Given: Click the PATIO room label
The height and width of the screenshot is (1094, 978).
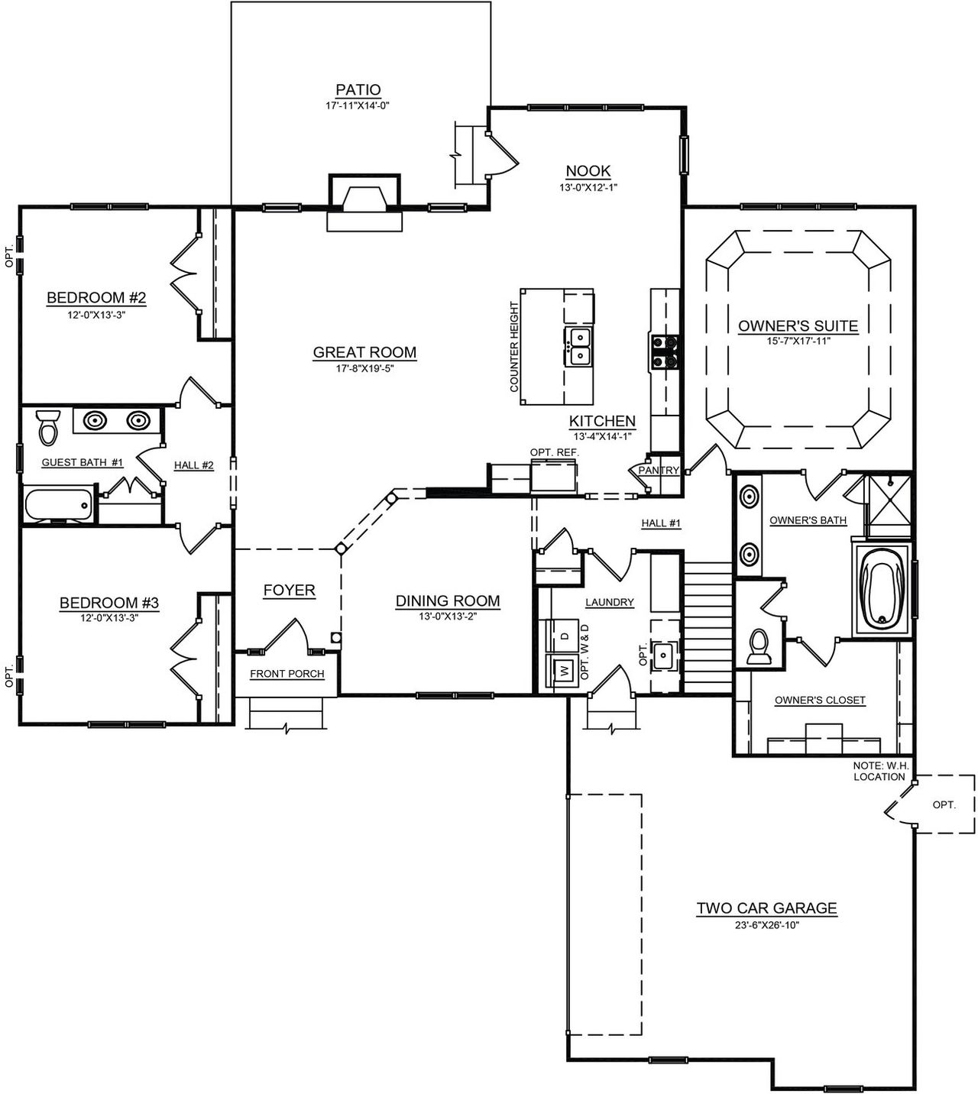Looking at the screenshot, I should pos(358,90).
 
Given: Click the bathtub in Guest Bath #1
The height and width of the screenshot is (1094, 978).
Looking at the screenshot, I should pos(58,504).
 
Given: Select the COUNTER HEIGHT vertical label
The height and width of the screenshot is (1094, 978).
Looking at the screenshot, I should pos(514,348).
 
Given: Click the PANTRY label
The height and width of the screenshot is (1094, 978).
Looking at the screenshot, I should pos(658,471).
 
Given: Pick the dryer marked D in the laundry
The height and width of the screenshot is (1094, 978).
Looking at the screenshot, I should pos(564,636).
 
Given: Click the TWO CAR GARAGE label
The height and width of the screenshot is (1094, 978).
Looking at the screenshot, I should pos(766,908).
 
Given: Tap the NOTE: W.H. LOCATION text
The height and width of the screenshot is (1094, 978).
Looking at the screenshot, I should pos(879,771).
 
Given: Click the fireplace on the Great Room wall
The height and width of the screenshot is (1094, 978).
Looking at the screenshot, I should pos(364,200).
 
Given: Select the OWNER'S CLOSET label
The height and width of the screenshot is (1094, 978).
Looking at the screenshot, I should pos(820,700).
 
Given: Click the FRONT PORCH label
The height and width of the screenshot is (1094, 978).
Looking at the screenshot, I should pos(287,674).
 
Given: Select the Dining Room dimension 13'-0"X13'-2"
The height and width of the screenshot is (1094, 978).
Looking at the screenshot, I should pos(447,617).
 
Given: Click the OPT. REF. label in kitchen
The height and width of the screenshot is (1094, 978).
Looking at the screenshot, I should pos(554,452).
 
